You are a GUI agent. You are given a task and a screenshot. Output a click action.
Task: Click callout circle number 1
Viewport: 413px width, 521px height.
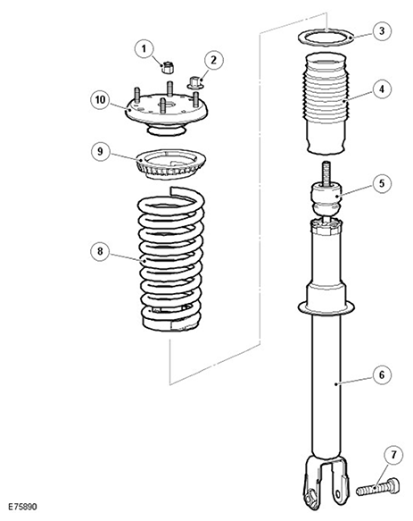coord(145,49)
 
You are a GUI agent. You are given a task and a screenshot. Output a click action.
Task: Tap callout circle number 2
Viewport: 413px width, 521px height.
coord(213,60)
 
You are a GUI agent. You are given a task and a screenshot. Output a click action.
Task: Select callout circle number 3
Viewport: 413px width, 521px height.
coord(382,31)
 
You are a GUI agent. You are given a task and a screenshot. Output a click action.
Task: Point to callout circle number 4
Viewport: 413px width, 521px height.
coord(382,89)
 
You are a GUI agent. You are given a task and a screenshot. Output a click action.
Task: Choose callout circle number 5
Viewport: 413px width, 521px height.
coord(382,183)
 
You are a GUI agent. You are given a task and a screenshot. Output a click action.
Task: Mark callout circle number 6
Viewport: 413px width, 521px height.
coord(382,374)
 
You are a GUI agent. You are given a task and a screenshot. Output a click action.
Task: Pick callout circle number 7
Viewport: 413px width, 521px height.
coord(393,455)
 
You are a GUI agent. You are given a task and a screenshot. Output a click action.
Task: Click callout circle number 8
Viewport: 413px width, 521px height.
coord(101,251)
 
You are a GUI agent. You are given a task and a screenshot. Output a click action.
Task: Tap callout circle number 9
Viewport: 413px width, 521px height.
coord(101,152)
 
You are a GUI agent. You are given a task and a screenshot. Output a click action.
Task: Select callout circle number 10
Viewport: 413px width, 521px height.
coord(101,100)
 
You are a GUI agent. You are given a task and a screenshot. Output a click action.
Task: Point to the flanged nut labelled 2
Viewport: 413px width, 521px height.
coord(195,83)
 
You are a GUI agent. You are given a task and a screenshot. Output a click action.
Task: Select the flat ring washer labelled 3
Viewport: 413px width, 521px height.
coord(326,37)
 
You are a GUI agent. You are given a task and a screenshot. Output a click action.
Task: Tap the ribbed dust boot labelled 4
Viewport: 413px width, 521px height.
coord(326,104)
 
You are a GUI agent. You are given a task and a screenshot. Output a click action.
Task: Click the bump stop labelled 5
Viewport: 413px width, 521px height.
coord(326,200)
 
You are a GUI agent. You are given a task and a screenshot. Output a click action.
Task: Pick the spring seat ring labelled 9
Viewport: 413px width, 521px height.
coord(171,164)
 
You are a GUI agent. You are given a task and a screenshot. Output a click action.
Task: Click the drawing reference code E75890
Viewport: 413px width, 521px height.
coord(22,507)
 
